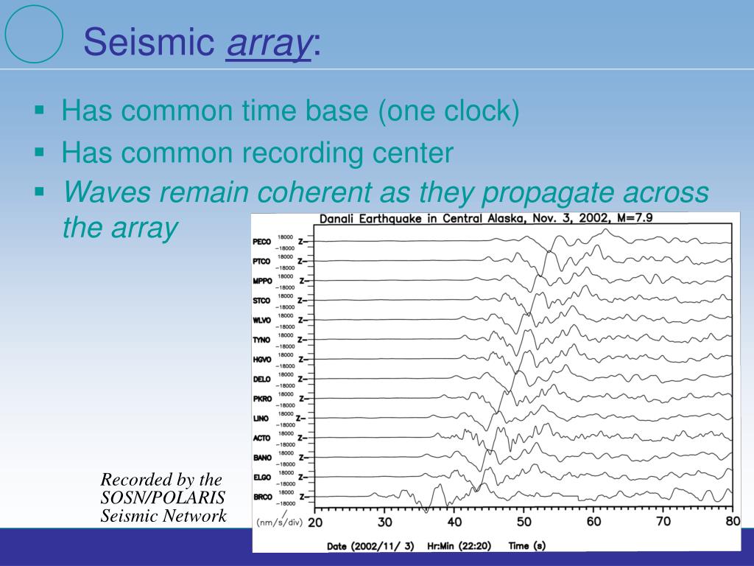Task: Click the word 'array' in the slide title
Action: click(269, 43)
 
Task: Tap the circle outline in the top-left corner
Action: click(34, 34)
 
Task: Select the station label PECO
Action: click(261, 242)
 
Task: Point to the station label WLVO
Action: click(261, 321)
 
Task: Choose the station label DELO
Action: click(261, 380)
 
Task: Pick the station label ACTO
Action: click(261, 439)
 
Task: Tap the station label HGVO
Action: click(261, 360)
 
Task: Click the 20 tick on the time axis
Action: click(314, 522)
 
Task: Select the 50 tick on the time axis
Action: click(523, 522)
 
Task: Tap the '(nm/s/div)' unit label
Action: click(279, 522)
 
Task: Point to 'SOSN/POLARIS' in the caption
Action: click(163, 497)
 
